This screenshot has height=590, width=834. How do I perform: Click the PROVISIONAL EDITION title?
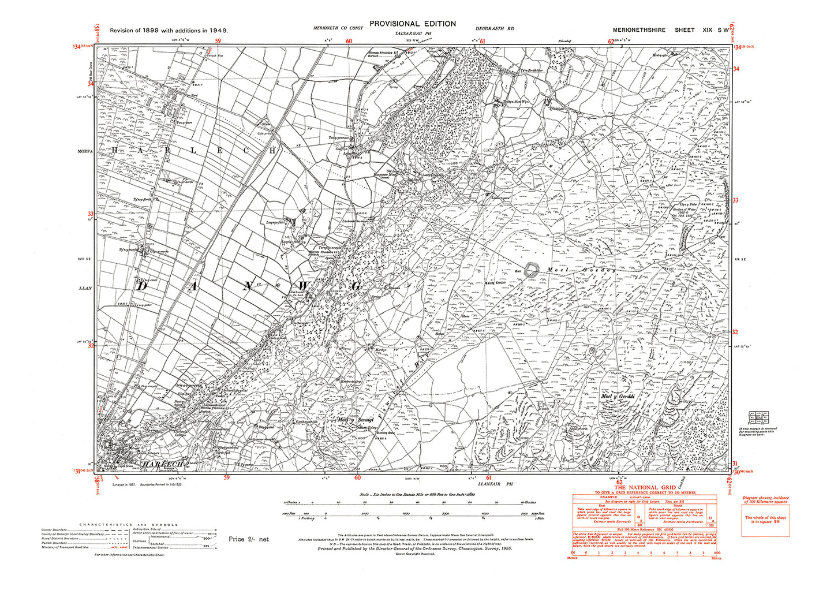coord(412,24)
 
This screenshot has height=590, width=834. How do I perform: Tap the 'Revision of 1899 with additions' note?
coord(169,30)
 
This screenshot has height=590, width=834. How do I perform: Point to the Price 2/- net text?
coord(249,539)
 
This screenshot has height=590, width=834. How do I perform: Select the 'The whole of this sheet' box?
coord(765,520)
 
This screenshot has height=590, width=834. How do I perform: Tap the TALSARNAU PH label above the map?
coord(412,35)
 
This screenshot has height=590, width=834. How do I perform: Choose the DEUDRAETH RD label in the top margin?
coord(495,28)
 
